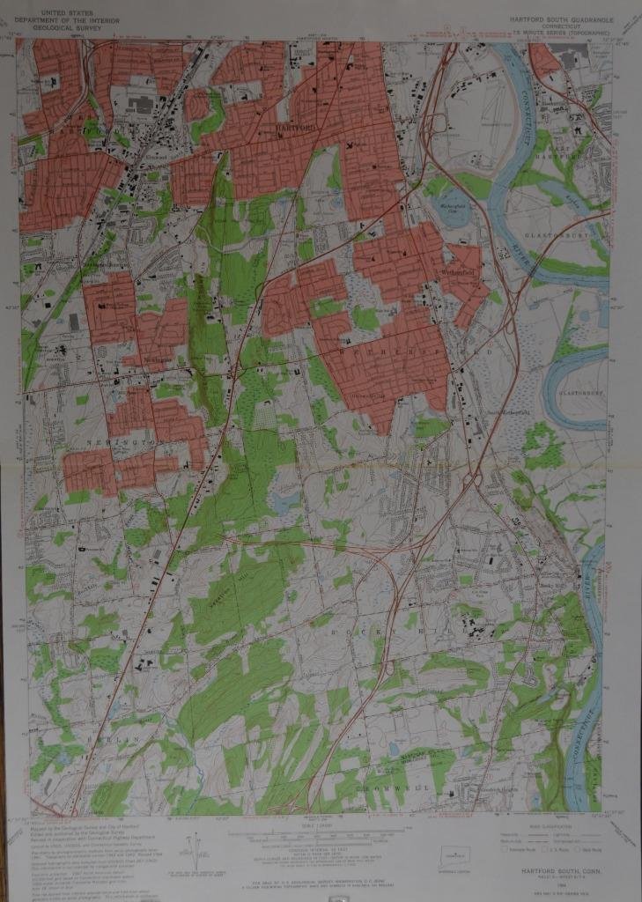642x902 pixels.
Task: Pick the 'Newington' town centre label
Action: coord(158,372)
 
